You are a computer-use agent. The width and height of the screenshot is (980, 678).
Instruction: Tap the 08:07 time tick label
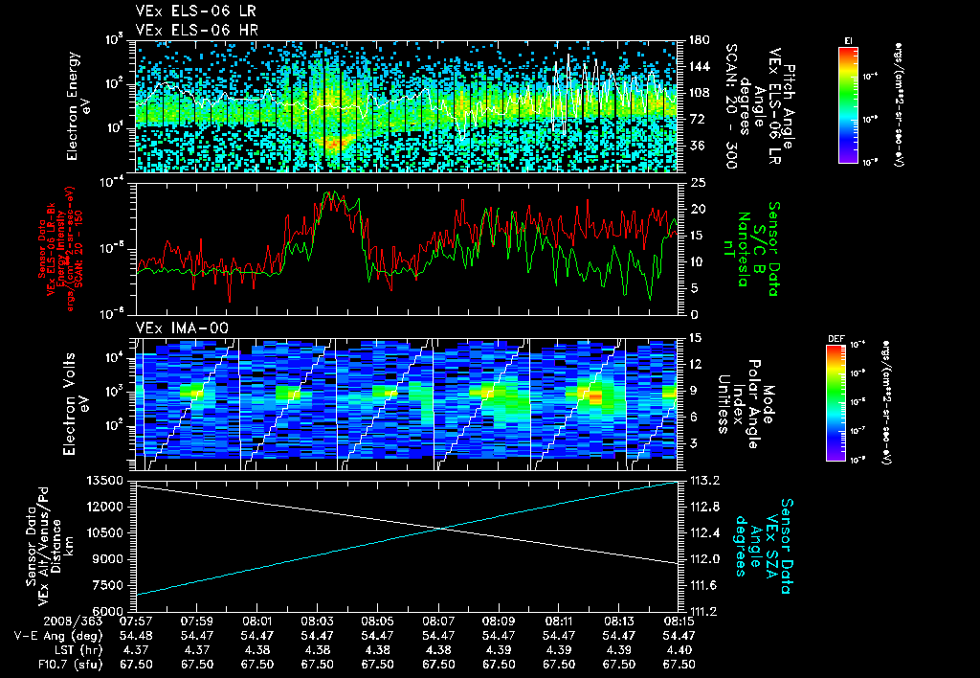(438, 621)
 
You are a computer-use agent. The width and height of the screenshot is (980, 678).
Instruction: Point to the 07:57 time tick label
(137, 621)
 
